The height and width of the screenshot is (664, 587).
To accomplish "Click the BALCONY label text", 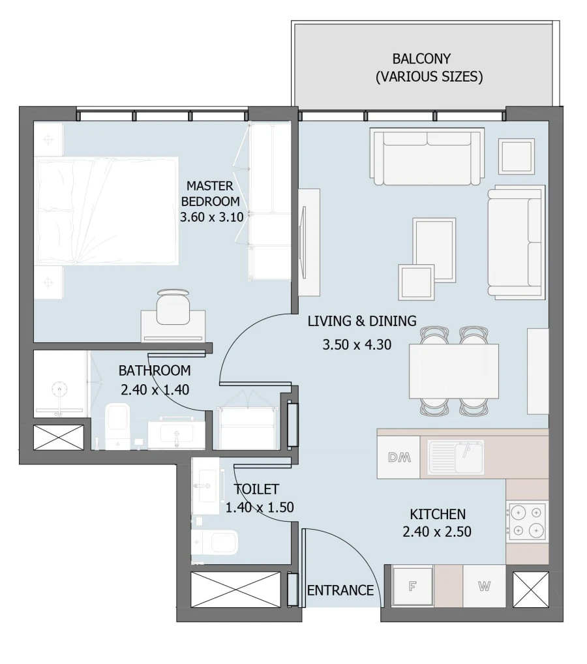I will [x=421, y=59].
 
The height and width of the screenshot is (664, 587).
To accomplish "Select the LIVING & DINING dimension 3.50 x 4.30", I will [x=357, y=345].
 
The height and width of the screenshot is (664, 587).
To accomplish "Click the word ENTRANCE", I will [x=340, y=590].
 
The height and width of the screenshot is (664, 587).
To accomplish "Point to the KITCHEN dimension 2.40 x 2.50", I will [x=437, y=532].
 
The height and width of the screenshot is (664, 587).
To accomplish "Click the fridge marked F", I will [x=412, y=586].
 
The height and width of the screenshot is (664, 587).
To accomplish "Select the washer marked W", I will [x=484, y=586].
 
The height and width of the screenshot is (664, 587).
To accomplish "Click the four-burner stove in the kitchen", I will [x=527, y=521].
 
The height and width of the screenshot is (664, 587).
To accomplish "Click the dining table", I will [x=453, y=370].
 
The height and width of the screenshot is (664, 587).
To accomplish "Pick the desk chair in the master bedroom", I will [x=173, y=307].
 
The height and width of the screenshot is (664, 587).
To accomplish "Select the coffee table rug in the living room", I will [x=434, y=249].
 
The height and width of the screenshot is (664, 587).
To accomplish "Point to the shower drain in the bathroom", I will [x=60, y=391].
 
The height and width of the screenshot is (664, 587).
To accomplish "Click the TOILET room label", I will [x=256, y=489].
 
